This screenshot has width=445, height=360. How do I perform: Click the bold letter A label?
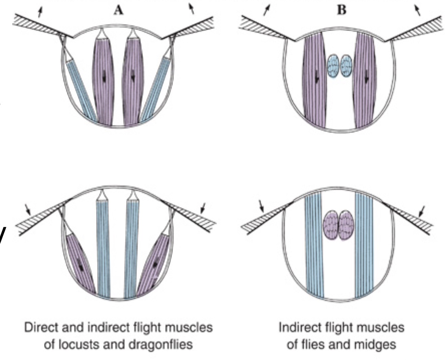(x=119, y=10)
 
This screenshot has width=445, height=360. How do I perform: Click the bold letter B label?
(x=341, y=10)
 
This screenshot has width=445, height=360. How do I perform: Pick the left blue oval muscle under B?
(x=333, y=66)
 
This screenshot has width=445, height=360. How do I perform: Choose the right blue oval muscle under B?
(x=346, y=66)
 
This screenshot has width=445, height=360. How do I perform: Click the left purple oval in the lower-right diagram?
(x=331, y=225)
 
